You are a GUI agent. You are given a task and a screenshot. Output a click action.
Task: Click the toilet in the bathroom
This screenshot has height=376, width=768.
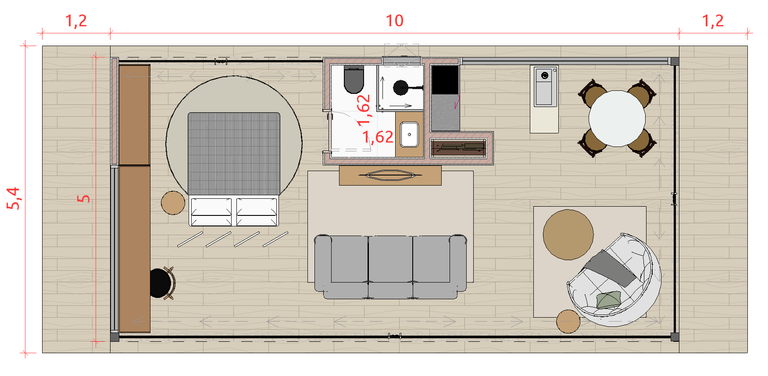pos(354,79)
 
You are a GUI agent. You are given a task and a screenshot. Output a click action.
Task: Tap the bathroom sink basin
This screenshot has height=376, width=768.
pos(409,134)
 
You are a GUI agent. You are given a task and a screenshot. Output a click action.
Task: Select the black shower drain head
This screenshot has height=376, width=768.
pos(400,88)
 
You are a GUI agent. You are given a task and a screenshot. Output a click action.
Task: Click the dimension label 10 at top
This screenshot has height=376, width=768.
pos(394,21)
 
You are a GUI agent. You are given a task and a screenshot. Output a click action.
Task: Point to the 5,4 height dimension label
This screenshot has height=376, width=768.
pos(14,198)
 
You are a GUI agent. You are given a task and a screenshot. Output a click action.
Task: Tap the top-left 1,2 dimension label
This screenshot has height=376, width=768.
pos(76,21)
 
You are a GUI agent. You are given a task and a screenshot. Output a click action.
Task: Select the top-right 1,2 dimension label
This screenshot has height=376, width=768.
pos(713,21)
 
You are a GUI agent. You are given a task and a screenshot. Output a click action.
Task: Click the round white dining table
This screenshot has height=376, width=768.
pos(617,118)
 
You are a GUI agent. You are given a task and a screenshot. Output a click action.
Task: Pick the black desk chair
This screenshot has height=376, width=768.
pos(161,283)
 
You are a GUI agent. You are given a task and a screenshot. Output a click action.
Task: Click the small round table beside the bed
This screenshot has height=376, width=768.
pos(173,203)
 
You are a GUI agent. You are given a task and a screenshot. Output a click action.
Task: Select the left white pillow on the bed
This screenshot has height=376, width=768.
pos(211,211)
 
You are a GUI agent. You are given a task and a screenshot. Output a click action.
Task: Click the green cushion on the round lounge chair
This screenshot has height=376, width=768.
pos(609,300)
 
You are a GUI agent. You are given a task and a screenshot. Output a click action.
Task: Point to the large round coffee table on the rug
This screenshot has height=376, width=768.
pos(568,235)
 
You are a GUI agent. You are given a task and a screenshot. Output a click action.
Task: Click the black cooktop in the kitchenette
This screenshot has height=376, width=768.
pos(445,80)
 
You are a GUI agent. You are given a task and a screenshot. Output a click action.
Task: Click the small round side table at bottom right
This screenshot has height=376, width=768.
pos(568,322)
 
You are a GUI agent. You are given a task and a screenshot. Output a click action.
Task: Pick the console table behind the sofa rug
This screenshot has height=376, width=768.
pos(390,175)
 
